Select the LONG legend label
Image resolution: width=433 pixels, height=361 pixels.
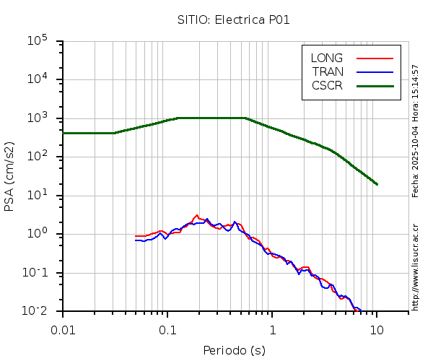327,58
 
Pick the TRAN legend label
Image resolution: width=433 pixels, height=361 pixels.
327,71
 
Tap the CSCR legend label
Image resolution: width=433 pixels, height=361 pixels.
327,85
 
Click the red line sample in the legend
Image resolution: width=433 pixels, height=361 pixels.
374,58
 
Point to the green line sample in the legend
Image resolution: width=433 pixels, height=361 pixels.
374,85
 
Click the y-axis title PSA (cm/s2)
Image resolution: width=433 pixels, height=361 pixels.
10,176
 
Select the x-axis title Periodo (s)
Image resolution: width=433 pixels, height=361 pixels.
234,350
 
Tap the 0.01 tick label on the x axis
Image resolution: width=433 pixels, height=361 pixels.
63,329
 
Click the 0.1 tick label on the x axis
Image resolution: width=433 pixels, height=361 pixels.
167,329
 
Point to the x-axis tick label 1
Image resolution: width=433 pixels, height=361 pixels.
272,329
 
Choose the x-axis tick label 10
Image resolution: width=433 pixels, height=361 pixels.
377,329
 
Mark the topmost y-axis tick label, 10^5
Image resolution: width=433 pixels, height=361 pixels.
37,41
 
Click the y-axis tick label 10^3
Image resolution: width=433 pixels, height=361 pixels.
37,118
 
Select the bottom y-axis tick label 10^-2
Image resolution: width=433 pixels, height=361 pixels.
37,311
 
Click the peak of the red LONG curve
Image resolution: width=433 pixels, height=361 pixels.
197,215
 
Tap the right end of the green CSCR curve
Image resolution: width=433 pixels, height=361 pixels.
377,184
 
